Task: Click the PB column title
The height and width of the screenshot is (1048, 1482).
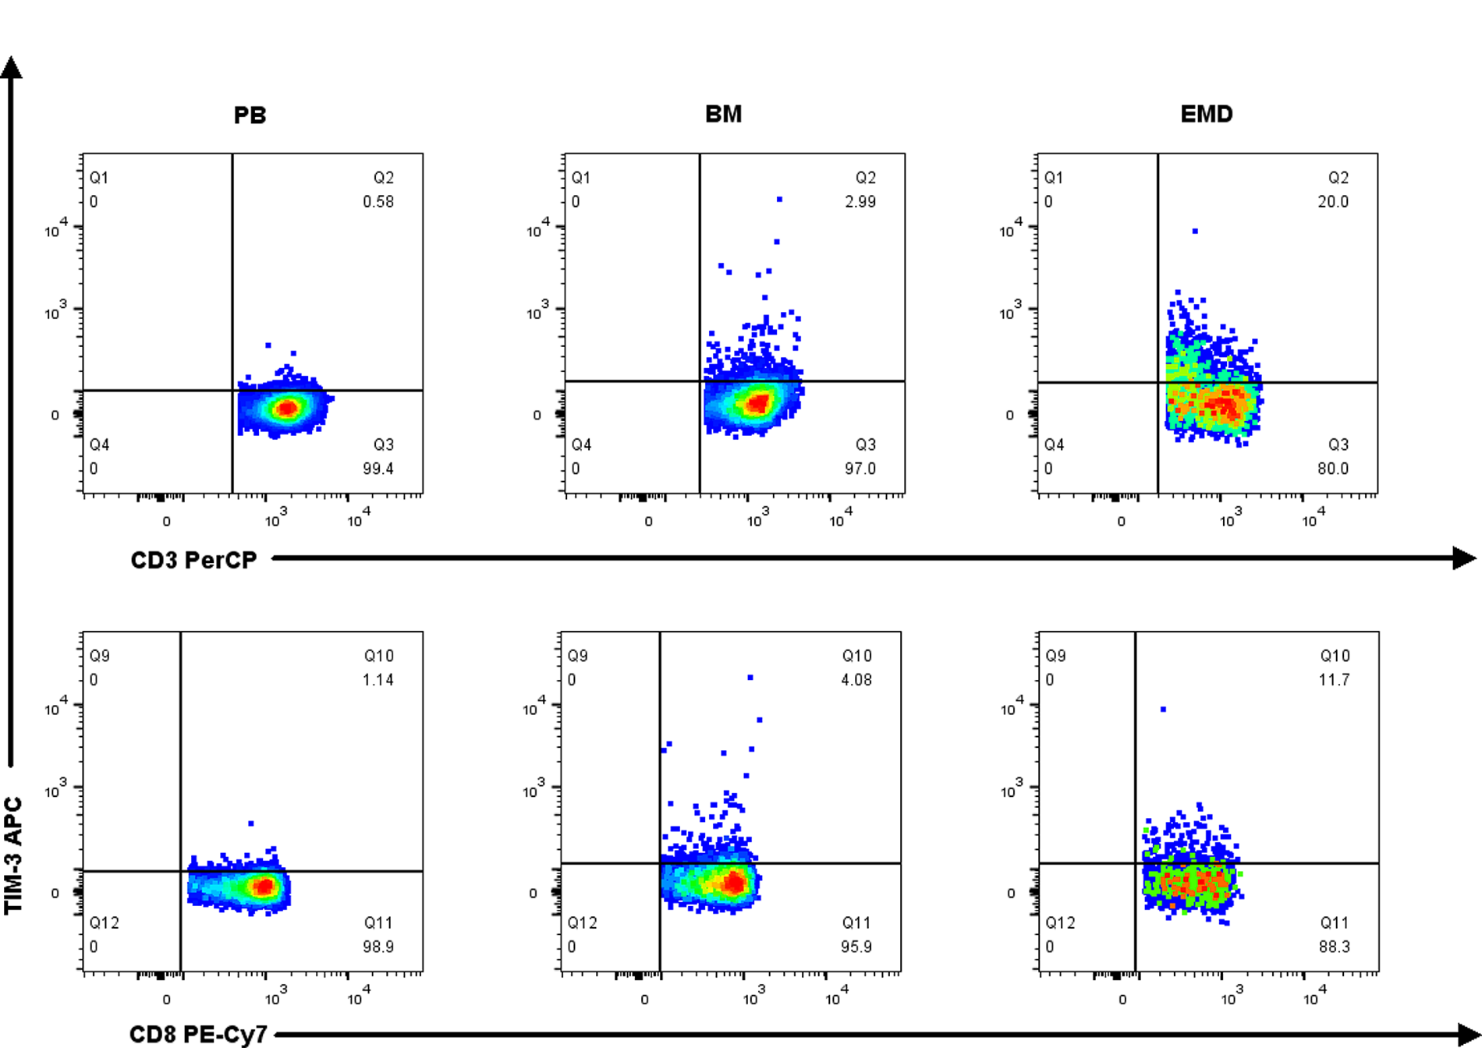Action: (x=250, y=115)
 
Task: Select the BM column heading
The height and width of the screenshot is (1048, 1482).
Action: (x=723, y=115)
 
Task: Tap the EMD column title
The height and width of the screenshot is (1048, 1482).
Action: (x=1206, y=115)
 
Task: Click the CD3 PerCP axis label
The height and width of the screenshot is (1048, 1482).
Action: (x=193, y=560)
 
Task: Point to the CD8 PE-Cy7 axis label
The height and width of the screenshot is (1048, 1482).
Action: (x=198, y=1035)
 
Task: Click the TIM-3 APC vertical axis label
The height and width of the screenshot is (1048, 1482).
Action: (x=14, y=855)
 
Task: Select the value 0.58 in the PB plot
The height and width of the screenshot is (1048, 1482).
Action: (x=378, y=202)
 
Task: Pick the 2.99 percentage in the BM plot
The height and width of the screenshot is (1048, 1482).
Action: (x=860, y=202)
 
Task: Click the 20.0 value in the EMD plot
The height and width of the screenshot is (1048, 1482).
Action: (x=1333, y=202)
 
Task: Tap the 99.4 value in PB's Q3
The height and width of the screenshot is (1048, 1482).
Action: (x=378, y=469)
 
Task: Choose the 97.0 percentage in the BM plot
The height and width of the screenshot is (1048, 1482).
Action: (x=860, y=469)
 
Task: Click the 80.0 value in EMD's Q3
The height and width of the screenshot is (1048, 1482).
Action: (x=1333, y=469)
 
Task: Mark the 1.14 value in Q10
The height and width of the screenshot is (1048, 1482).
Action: (x=378, y=680)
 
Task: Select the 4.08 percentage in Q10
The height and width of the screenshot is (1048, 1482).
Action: (x=856, y=680)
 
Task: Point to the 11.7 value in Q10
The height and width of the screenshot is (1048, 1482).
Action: (x=1334, y=680)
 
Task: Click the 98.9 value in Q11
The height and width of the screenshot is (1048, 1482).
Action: (x=378, y=947)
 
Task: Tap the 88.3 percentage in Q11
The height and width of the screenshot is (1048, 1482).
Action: (x=1334, y=947)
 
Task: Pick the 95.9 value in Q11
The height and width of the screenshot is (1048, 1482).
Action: (x=856, y=947)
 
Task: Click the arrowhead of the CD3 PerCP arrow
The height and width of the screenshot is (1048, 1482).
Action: (x=1464, y=558)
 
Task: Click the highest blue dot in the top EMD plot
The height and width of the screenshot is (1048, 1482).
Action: (x=1195, y=232)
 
